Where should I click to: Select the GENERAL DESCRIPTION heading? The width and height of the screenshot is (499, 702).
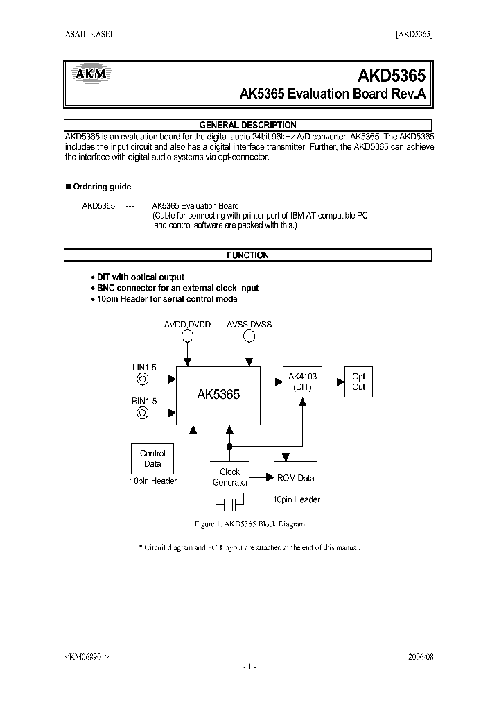click(x=247, y=125)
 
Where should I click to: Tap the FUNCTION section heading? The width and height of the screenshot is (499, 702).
click(x=247, y=255)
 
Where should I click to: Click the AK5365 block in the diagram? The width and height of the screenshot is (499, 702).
click(x=218, y=395)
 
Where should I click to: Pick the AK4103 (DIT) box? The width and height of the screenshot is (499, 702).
click(x=302, y=382)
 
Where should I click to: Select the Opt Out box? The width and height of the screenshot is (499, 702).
click(x=358, y=382)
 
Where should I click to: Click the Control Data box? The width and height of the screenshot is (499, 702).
click(x=152, y=459)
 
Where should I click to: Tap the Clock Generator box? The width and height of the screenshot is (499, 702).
click(x=229, y=477)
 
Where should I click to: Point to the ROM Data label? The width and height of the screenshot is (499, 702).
click(x=296, y=478)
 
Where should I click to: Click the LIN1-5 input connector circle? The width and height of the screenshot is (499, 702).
click(x=142, y=379)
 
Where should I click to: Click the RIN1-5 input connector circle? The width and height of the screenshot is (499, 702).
click(x=142, y=413)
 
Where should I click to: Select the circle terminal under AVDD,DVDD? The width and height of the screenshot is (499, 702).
click(x=186, y=336)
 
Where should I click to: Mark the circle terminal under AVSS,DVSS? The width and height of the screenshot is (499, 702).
click(x=249, y=336)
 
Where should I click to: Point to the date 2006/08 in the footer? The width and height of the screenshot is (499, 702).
click(x=420, y=656)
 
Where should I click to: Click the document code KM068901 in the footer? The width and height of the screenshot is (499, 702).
click(x=86, y=656)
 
